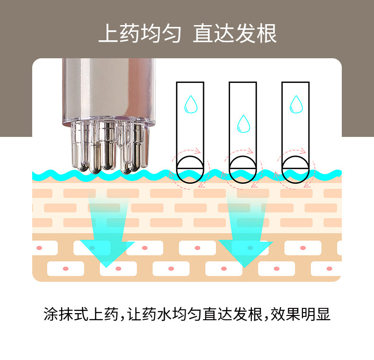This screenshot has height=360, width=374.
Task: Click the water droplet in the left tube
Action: (x=190, y=105)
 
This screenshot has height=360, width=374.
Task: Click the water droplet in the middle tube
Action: (x=243, y=124)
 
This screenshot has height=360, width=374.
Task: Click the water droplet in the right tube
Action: (x=296, y=105)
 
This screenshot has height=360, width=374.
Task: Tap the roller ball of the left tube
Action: (x=190, y=169)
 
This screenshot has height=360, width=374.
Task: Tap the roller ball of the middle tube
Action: (x=243, y=169)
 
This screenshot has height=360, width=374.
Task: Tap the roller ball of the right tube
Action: (x=296, y=169)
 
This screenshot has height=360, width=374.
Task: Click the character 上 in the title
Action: (x=107, y=34)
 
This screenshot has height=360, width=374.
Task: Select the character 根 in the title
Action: (x=267, y=34)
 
